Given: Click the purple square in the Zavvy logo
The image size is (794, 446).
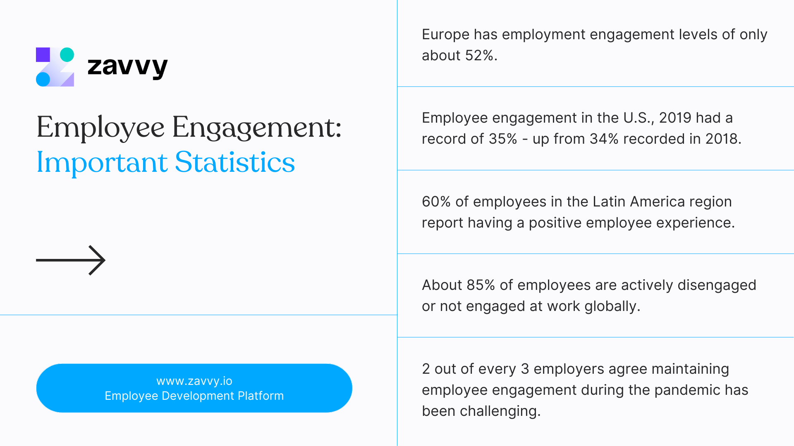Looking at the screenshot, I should [x=43, y=55].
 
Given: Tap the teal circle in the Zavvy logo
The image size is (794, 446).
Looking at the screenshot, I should [x=67, y=55].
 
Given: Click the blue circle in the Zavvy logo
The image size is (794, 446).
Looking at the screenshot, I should [x=43, y=79].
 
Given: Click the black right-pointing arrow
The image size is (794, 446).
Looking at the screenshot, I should [x=71, y=260].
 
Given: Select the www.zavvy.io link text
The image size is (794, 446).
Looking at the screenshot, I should [x=194, y=381].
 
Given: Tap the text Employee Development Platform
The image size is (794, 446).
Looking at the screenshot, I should [x=194, y=396].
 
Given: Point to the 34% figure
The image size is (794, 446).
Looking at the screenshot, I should [x=604, y=139].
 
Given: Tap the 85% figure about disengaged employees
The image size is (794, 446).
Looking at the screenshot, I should [x=481, y=285].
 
